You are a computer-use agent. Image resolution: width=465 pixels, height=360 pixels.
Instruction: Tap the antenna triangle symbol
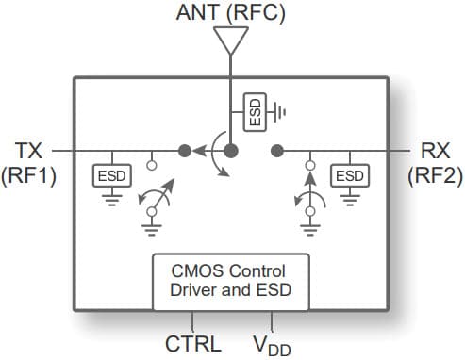(x=231, y=41)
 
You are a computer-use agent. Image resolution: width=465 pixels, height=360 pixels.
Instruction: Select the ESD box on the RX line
(x=349, y=176)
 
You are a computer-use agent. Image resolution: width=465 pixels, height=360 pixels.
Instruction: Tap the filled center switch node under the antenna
(x=231, y=150)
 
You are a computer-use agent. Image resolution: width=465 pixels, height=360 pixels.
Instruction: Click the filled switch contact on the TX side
(x=185, y=150)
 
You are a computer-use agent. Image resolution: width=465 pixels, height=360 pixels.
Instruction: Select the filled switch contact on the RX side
(x=277, y=150)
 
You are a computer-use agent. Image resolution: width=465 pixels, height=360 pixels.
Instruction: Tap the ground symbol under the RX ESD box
(x=349, y=198)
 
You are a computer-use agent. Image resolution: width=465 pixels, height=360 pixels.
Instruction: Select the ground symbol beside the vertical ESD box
(x=280, y=111)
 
